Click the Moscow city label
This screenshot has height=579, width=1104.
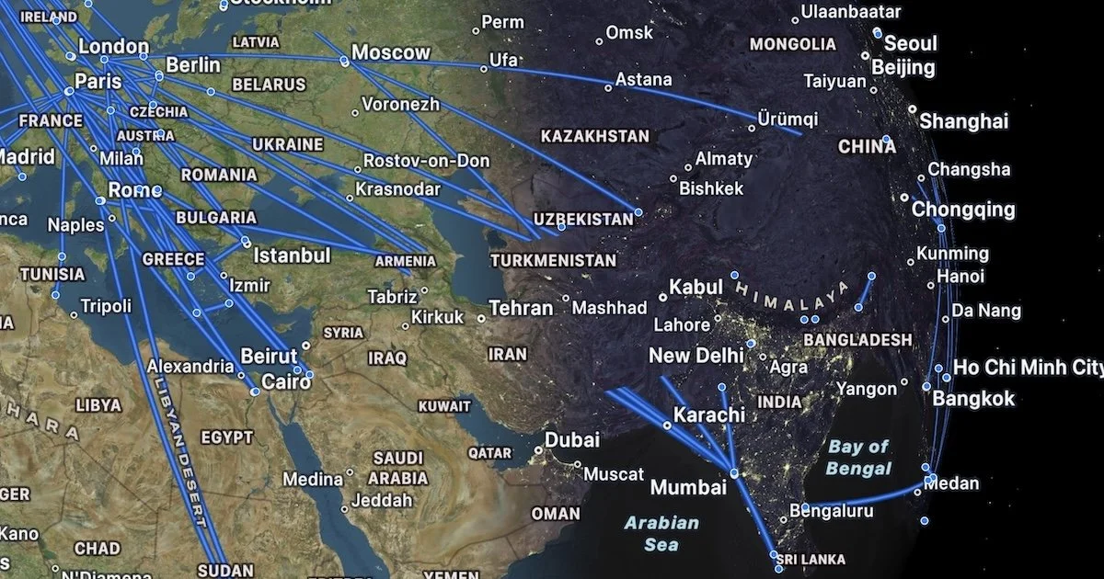391,52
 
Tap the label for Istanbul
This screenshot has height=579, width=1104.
292,255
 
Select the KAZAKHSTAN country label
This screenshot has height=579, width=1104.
594,136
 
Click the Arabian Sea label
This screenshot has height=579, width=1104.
661,533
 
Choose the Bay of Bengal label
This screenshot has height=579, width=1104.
858,457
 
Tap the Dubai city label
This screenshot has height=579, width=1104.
571,439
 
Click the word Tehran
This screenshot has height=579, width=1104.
521,308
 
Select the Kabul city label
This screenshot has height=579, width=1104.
696,287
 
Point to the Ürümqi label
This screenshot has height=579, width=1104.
787,119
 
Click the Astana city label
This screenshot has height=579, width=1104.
643,80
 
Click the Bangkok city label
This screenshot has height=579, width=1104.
973,398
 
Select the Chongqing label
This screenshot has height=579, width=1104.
963,210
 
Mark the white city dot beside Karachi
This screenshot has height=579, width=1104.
667,426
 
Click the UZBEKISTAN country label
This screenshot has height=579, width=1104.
583,220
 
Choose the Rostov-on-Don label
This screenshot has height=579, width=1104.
427,161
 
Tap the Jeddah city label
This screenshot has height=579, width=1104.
382,501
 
